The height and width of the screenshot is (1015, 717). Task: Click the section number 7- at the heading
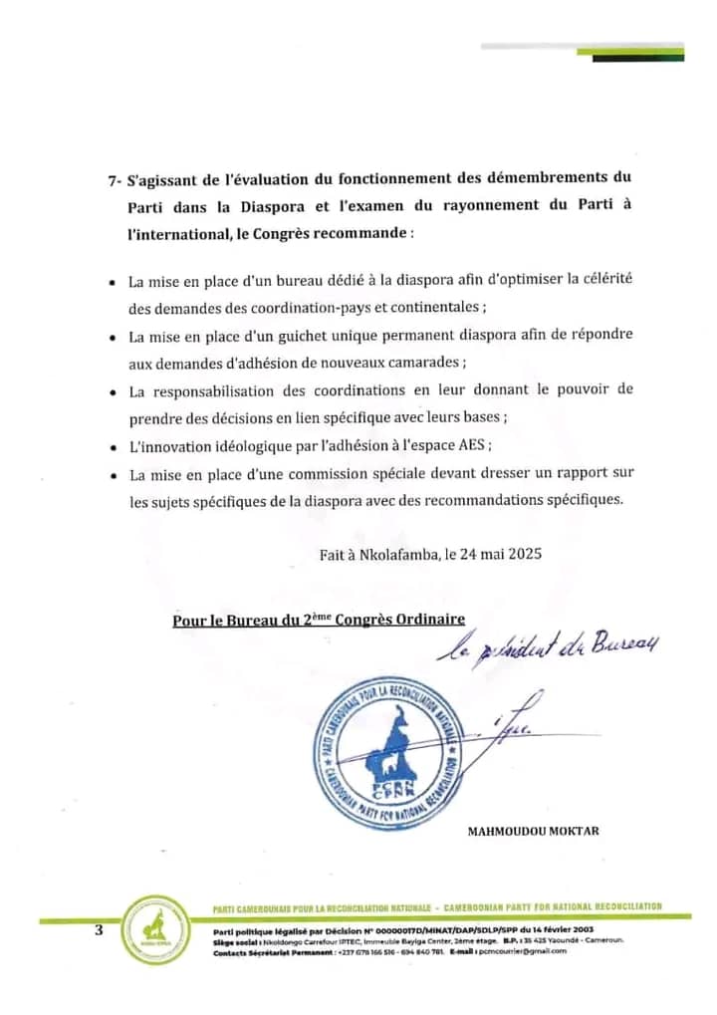116,178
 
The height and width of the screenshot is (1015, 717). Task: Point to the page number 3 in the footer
99,929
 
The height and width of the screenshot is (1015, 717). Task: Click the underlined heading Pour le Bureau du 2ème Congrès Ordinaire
319,620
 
